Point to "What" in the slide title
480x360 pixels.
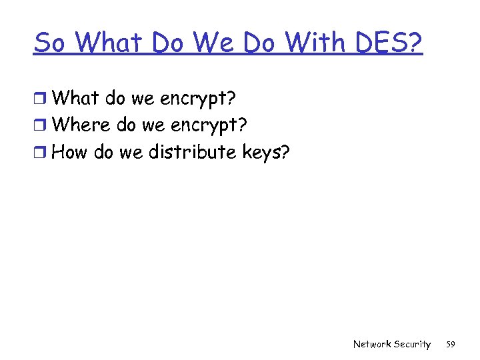[x=111, y=43]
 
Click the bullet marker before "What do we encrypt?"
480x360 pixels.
[x=41, y=99]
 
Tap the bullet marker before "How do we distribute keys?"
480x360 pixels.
[x=41, y=153]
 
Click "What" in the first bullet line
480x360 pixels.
[x=73, y=98]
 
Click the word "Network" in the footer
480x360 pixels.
[x=372, y=344]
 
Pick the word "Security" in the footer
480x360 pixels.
[x=412, y=344]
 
